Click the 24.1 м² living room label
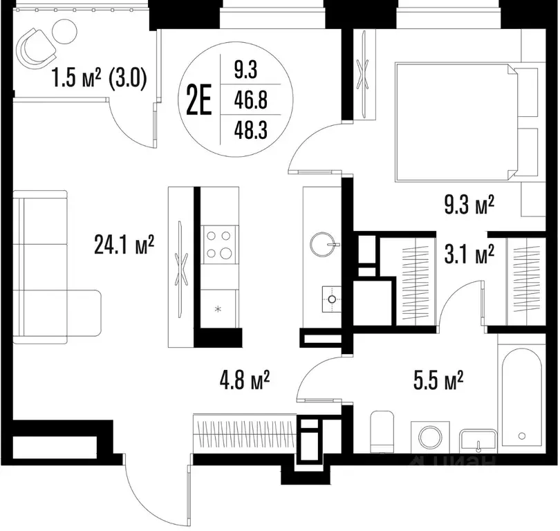[x=124, y=245]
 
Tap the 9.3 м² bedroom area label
[x=469, y=205]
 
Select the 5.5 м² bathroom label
[x=438, y=380]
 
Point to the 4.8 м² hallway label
[x=245, y=380]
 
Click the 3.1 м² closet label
[x=469, y=254]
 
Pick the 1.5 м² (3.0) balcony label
[x=99, y=78]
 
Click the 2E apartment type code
[x=199, y=100]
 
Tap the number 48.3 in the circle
[x=251, y=130]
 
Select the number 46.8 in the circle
[x=251, y=100]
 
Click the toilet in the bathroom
[x=382, y=431]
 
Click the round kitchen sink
[x=324, y=245]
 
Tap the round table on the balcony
[x=64, y=30]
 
